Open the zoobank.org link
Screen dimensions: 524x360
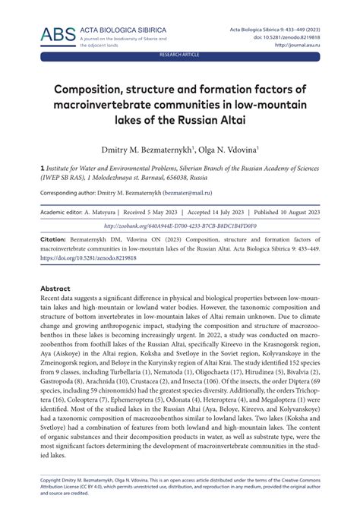point(180,225)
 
